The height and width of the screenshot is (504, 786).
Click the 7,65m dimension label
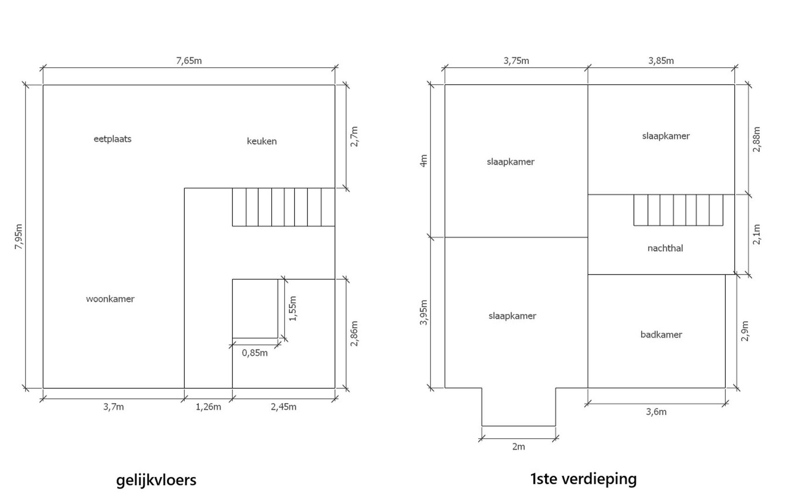pos(189,61)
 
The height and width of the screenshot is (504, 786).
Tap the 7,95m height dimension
pos(19,237)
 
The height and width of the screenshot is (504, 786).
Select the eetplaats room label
pos(112,139)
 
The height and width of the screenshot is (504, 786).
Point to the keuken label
pos(262,141)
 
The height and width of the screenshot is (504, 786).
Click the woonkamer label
pos(110,299)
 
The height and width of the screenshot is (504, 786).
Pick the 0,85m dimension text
pos(255,353)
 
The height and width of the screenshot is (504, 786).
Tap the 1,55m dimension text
pos(293,308)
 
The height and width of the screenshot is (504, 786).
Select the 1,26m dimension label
pos(209,407)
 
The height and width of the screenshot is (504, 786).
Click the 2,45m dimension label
pos(283,407)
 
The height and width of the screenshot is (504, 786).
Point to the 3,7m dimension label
pos(113,407)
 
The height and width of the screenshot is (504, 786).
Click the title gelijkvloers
pos(156,480)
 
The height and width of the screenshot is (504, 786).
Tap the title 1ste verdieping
pos(583,479)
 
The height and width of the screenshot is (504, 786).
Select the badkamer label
pos(661,335)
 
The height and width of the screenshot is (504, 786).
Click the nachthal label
pos(665,248)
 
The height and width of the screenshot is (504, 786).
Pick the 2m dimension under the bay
pos(519,447)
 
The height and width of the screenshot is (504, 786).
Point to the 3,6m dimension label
pos(656,412)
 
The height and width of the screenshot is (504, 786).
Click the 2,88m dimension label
pos(757,139)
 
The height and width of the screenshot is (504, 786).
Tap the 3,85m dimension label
pos(661,61)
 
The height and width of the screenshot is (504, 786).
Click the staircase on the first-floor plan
pos(678,210)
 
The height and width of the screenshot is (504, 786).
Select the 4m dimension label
pos(424,161)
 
